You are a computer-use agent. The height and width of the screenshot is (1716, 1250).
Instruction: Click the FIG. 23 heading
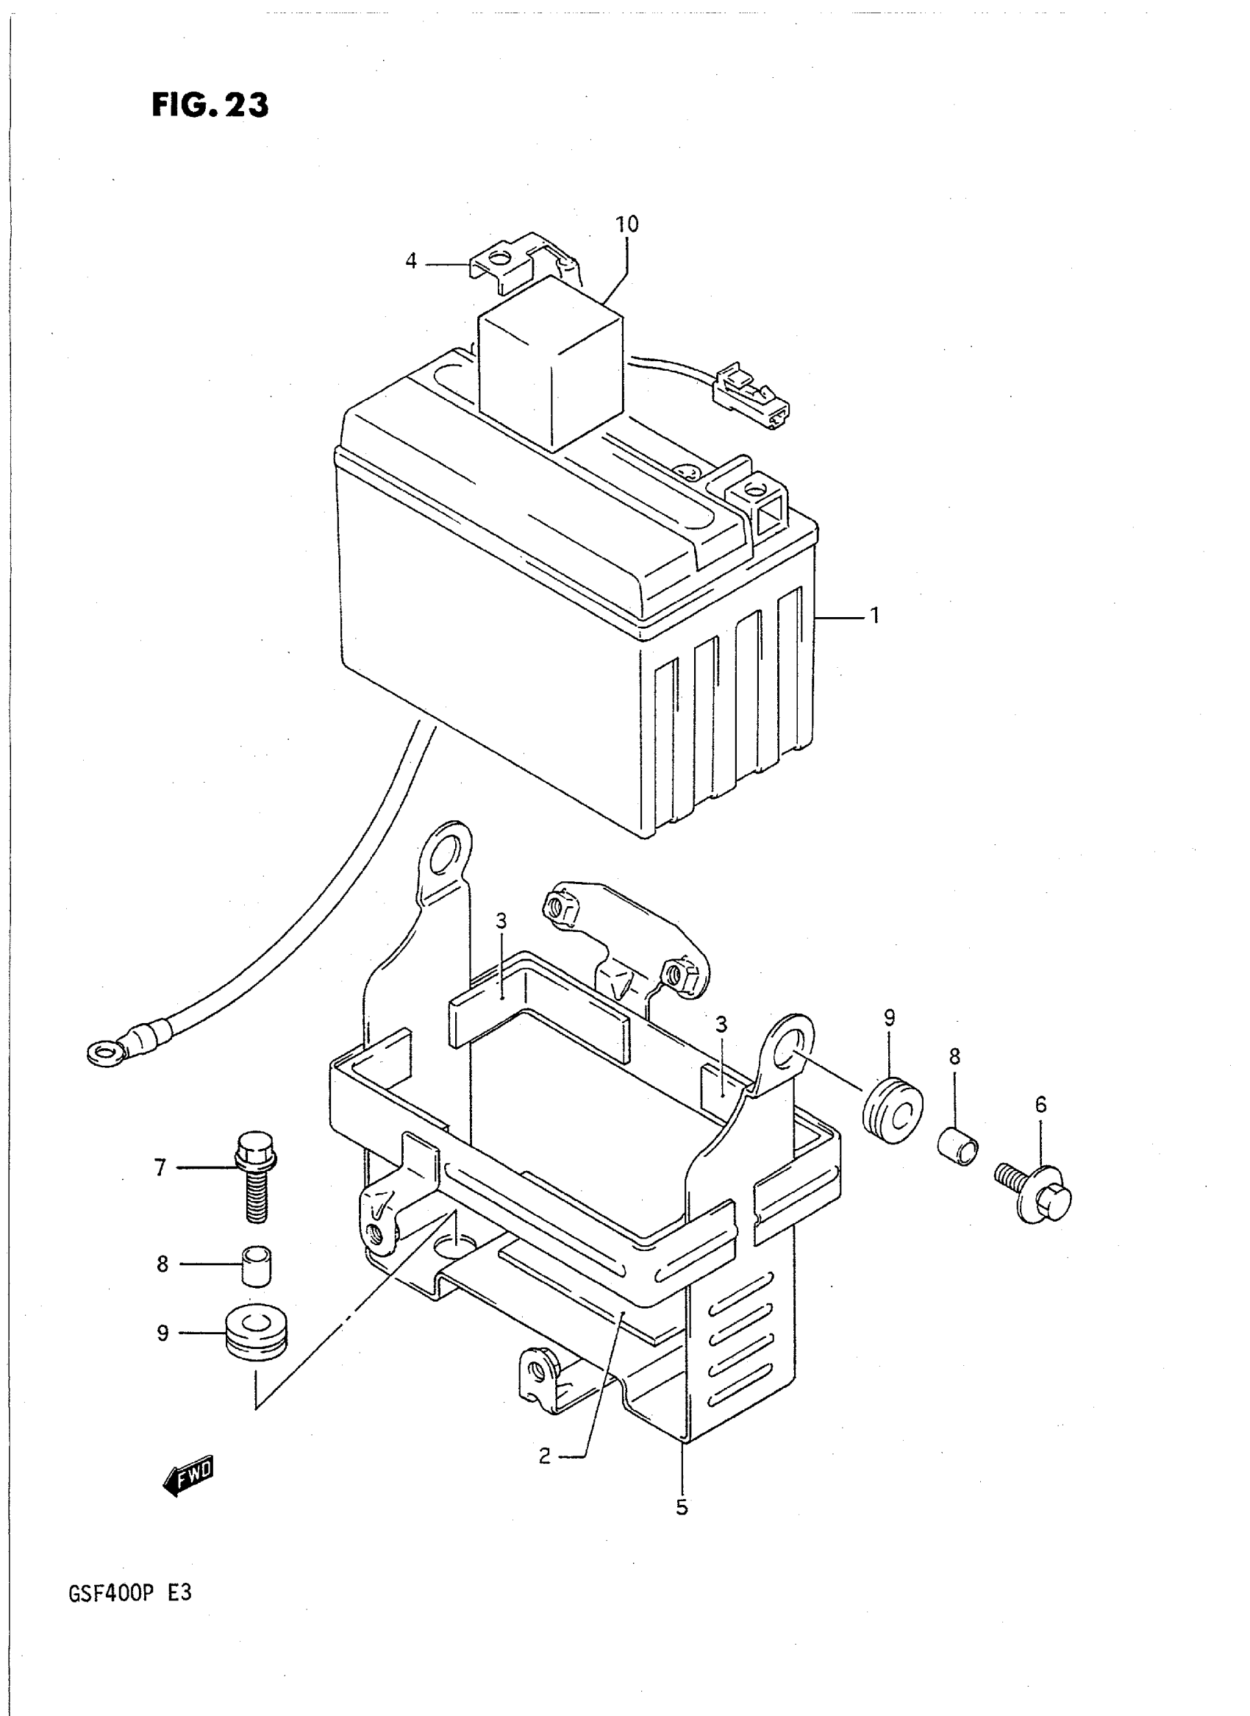[x=210, y=105]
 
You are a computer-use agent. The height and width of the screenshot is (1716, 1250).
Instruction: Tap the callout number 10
[x=626, y=224]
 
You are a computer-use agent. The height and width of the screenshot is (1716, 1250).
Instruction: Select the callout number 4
[x=411, y=262]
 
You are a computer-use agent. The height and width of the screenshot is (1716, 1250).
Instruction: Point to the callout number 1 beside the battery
[x=875, y=616]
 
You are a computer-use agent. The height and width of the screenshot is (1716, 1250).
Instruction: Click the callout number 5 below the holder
[x=682, y=1507]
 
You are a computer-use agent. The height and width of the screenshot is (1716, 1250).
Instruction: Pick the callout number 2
[x=545, y=1456]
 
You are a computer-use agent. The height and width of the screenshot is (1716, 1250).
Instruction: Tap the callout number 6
[x=1040, y=1106]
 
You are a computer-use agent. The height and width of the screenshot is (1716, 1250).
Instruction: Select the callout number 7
[x=160, y=1168]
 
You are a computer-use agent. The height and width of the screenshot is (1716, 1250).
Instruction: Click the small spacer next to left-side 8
[x=257, y=1264]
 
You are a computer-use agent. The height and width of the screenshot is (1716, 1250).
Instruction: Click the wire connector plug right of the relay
[x=751, y=393]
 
